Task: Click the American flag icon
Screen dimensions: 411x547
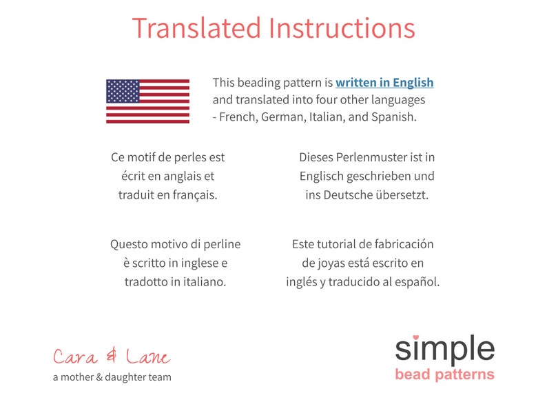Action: point(147,101)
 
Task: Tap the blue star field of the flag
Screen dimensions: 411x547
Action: point(123,91)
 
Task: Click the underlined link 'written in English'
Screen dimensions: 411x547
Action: point(384,83)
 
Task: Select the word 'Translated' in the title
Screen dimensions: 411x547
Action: point(196,28)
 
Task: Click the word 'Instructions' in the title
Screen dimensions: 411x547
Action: point(342,28)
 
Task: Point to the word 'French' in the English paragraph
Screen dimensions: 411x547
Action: point(237,117)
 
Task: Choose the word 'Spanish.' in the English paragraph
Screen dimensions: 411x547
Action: point(395,117)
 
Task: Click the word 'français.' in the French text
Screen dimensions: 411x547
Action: point(195,195)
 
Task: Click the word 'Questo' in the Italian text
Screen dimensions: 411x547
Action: point(129,244)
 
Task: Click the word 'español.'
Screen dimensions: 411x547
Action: point(415,282)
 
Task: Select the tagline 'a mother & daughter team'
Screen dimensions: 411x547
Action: point(112,377)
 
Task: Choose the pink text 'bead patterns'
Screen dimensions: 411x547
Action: point(444,374)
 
